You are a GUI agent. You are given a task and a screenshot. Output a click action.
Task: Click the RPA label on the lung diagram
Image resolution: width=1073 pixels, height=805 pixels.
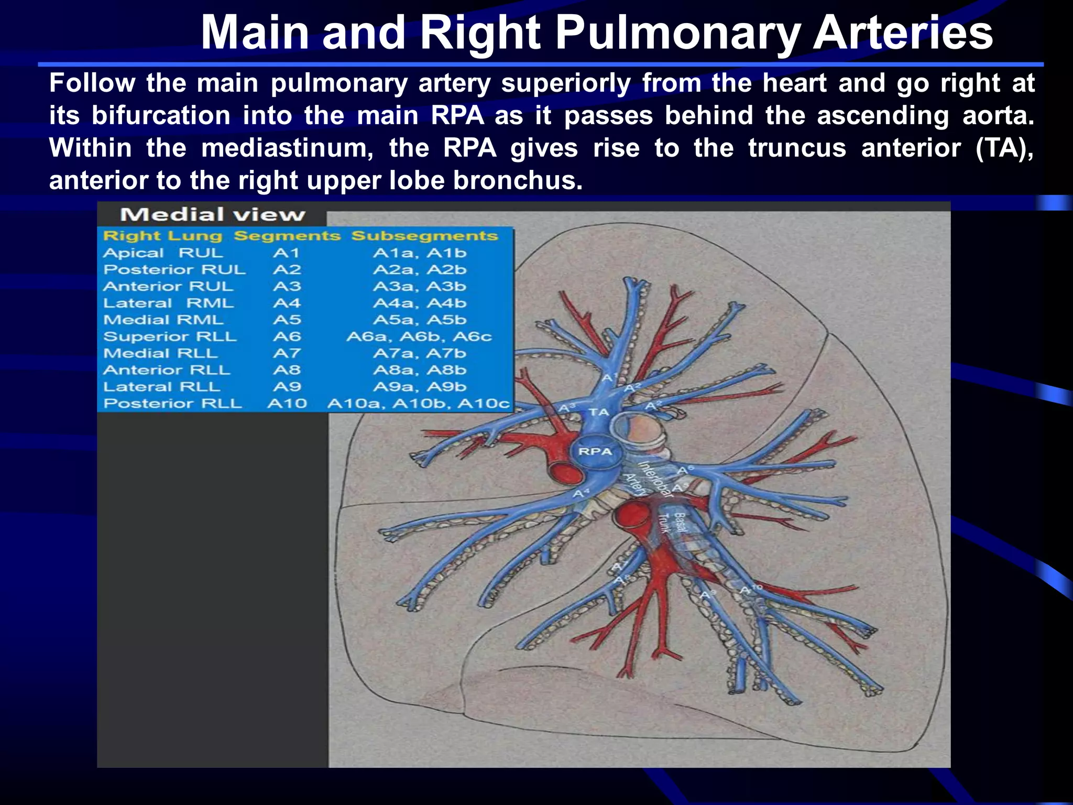click(595, 451)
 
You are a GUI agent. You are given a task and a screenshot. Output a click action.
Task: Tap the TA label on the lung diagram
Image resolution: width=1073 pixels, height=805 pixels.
click(599, 412)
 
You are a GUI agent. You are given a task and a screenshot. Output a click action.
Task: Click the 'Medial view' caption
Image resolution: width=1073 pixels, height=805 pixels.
click(212, 214)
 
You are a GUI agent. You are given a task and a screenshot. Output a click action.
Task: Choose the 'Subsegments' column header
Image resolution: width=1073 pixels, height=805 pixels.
click(424, 236)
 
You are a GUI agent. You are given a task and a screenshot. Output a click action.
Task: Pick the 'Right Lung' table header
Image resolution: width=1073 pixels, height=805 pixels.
click(162, 236)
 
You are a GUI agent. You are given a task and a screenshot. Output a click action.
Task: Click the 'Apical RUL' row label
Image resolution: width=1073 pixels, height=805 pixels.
click(163, 253)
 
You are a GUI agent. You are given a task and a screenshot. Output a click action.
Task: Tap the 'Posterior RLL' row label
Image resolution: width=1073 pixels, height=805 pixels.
click(173, 404)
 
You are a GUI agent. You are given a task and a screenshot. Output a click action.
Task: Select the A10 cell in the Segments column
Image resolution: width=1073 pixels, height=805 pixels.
click(287, 404)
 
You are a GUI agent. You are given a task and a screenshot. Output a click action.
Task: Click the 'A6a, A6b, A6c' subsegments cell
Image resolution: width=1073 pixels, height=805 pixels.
click(419, 336)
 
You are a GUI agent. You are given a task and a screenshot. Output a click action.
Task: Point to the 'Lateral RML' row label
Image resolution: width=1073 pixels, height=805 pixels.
click(168, 303)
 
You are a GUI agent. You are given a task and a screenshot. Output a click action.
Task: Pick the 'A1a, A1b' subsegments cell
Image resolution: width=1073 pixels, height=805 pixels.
click(419, 253)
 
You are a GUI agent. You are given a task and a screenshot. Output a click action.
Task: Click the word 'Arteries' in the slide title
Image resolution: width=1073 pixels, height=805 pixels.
click(902, 32)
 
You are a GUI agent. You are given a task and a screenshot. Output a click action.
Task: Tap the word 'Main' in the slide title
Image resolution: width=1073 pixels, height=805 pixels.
click(255, 32)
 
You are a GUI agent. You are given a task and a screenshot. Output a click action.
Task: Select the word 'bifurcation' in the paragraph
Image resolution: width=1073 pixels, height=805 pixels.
click(161, 115)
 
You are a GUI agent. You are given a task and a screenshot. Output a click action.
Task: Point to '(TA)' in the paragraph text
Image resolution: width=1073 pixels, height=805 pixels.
click(1004, 148)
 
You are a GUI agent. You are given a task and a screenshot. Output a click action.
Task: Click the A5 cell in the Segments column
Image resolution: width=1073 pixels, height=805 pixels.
click(287, 320)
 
